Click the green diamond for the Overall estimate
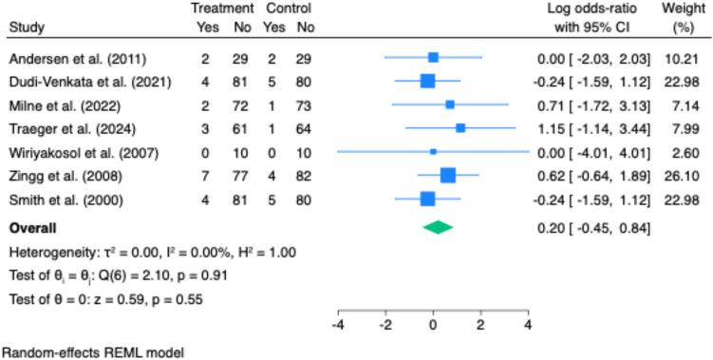pyautogui.click(x=438, y=228)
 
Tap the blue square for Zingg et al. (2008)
pyautogui.click(x=448, y=175)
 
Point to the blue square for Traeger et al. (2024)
pyautogui.click(x=460, y=127)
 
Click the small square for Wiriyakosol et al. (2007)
pyautogui.click(x=433, y=151)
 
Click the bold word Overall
pyautogui.click(x=31, y=228)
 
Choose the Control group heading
pyautogui.click(x=289, y=9)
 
